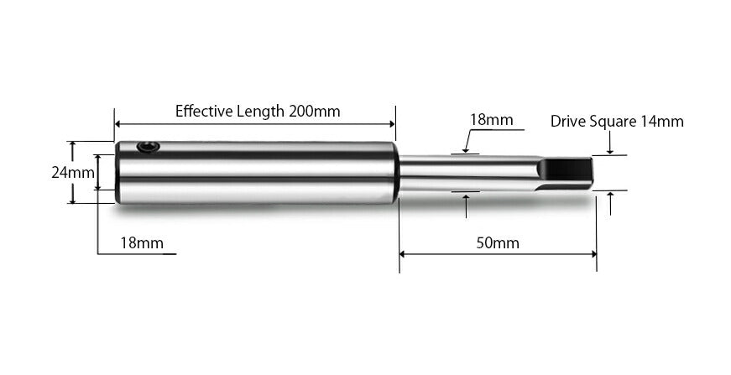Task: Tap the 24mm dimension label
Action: tap(72, 173)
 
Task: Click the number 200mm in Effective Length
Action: tap(315, 111)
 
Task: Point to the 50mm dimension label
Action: tap(497, 243)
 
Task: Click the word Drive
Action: tap(567, 121)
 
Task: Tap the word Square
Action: tap(612, 121)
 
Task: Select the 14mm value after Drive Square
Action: tap(661, 121)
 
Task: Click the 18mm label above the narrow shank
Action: tap(491, 120)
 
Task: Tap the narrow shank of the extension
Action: tap(462, 173)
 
